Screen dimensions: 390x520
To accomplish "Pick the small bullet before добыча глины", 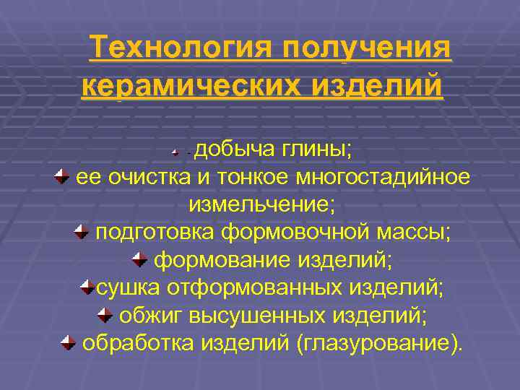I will (176, 153).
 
